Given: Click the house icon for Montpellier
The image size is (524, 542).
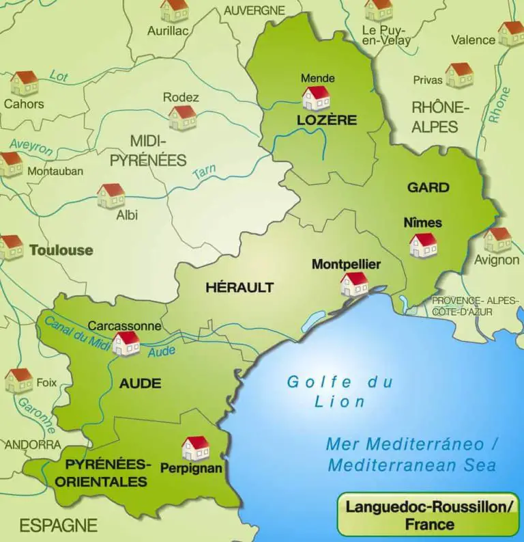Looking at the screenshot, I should coord(354,284).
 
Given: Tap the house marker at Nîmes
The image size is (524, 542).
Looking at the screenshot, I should coord(423,245).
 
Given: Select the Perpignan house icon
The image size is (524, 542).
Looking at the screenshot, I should coord(196,448).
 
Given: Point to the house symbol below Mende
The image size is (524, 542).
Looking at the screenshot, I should coord(316,98).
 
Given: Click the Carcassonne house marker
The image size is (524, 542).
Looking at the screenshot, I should coord(126,343).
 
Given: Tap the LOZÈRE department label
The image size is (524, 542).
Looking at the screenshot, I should coord(327,120).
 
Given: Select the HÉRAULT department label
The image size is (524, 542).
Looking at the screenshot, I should coord(239,287).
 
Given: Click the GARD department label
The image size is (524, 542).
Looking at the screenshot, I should coord(428,187).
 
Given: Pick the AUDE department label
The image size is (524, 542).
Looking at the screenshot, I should coord(141,383).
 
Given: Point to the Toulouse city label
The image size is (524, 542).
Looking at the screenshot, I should coord(61,250).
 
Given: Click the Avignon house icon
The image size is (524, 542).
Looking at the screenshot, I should coord(497,239).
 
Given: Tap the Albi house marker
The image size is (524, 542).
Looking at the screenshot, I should coord(111,195).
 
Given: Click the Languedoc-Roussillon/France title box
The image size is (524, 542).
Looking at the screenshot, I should coord(428,515).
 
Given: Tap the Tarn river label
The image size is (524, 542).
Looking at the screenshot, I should coord(205,173).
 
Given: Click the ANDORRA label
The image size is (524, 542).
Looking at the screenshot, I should coord(32,444).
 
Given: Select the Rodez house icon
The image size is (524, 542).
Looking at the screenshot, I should coord(183,117).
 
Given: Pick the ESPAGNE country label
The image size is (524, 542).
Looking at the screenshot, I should coord(58,525).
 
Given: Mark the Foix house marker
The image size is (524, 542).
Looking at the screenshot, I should coord(19,380).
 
